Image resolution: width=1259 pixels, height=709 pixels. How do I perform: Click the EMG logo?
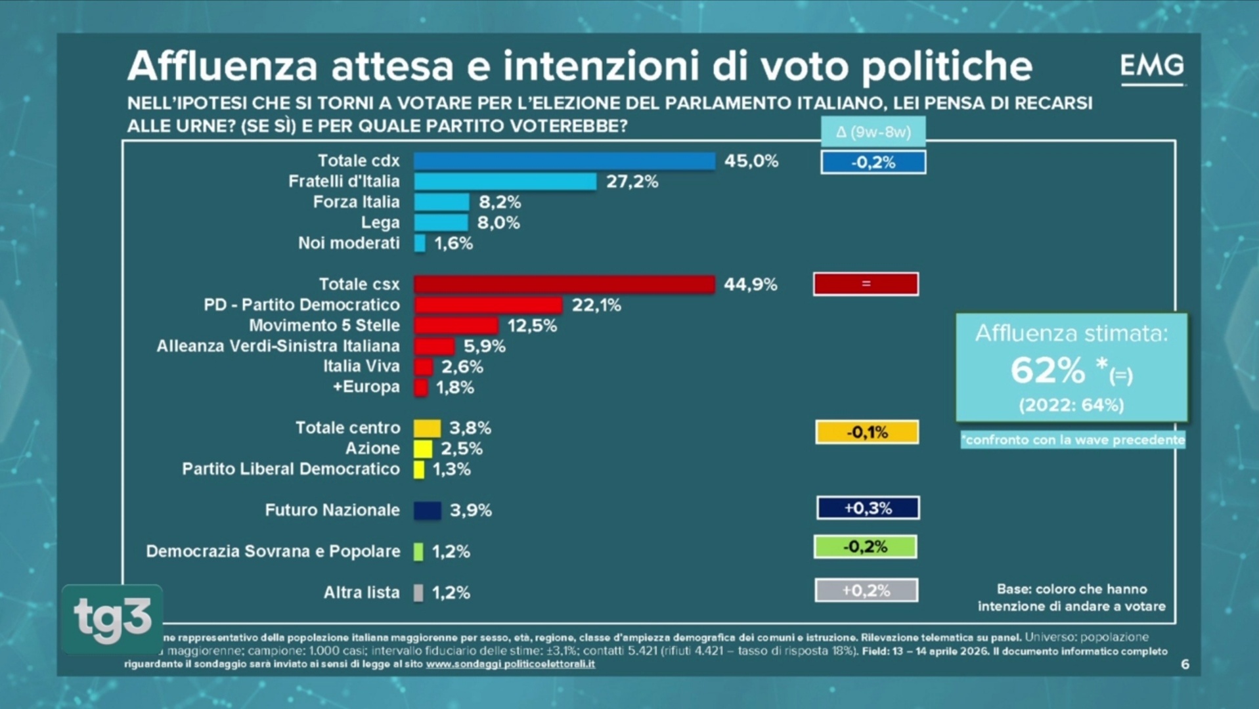1152,67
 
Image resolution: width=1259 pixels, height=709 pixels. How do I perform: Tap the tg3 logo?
112,618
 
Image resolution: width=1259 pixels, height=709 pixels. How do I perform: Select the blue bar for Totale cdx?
563,161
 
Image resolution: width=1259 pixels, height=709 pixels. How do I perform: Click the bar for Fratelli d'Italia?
504,181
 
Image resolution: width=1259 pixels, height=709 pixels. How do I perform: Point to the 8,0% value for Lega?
498,223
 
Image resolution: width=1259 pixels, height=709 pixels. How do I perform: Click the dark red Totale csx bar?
563,284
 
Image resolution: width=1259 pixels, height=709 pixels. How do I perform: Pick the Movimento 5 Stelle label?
324,326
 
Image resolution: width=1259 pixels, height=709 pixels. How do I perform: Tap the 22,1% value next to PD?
596,305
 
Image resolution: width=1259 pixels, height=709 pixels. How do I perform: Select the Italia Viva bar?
423,367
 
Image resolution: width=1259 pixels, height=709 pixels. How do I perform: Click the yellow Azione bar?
422,449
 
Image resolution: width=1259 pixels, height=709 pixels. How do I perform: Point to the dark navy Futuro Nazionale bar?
427,511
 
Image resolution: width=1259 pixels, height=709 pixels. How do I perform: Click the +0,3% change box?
868,508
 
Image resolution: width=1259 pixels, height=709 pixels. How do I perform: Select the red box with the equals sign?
866,284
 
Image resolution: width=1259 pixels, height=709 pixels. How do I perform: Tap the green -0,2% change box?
865,547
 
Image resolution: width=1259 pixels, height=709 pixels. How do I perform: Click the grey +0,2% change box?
866,590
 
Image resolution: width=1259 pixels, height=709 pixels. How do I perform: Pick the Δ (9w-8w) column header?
873,132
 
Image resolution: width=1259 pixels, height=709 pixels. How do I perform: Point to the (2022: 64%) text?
1071,405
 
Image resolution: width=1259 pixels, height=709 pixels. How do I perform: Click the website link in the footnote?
510,664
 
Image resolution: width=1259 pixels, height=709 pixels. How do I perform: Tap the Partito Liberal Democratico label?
290,469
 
